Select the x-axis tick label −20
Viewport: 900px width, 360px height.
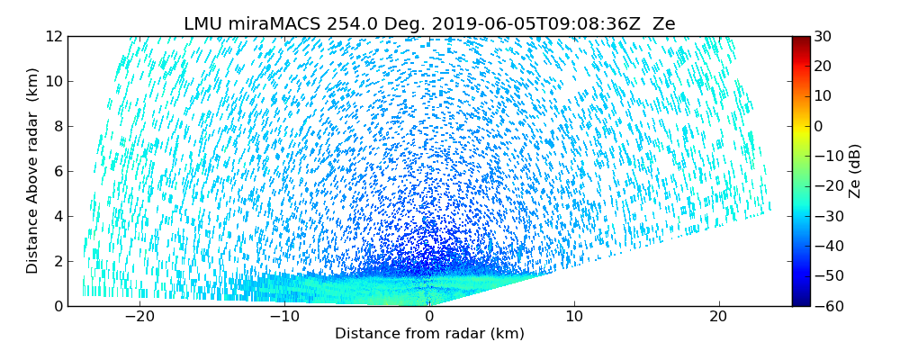tap(139, 317)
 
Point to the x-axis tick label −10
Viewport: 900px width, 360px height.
tap(284, 317)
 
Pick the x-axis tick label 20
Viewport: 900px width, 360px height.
tap(718, 317)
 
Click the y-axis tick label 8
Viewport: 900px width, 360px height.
tap(57, 126)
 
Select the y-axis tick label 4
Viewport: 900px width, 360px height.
tap(57, 216)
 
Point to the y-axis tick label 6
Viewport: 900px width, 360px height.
tap(57, 171)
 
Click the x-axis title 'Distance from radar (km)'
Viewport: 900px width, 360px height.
tap(429, 334)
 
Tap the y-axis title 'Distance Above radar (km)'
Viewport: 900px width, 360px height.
tap(32, 171)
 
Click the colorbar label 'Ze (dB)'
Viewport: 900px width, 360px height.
tap(855, 171)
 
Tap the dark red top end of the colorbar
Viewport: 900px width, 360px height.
tap(800, 40)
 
